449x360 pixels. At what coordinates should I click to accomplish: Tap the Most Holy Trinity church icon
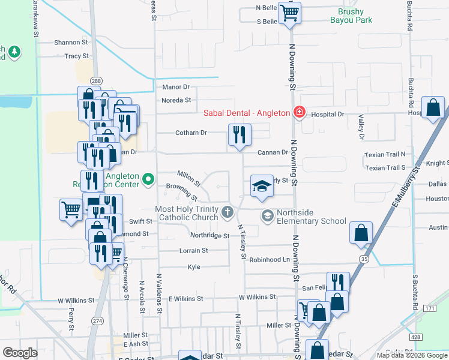tap(227, 212)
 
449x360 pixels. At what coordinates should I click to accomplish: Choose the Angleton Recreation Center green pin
tap(148, 178)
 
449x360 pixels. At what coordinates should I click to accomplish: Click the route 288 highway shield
tap(95, 80)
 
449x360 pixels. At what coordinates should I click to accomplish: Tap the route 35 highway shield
tap(364, 259)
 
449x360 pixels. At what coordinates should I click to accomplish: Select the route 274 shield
tap(98, 322)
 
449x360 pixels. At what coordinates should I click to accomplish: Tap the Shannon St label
tap(71, 43)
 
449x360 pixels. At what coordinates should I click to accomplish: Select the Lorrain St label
tap(193, 250)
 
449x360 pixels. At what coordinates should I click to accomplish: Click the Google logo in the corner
tap(20, 353)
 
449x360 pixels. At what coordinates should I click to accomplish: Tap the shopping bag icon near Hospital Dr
tap(433, 107)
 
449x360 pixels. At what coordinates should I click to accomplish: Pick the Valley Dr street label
tap(361, 128)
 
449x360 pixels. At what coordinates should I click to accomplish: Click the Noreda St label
tap(176, 100)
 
